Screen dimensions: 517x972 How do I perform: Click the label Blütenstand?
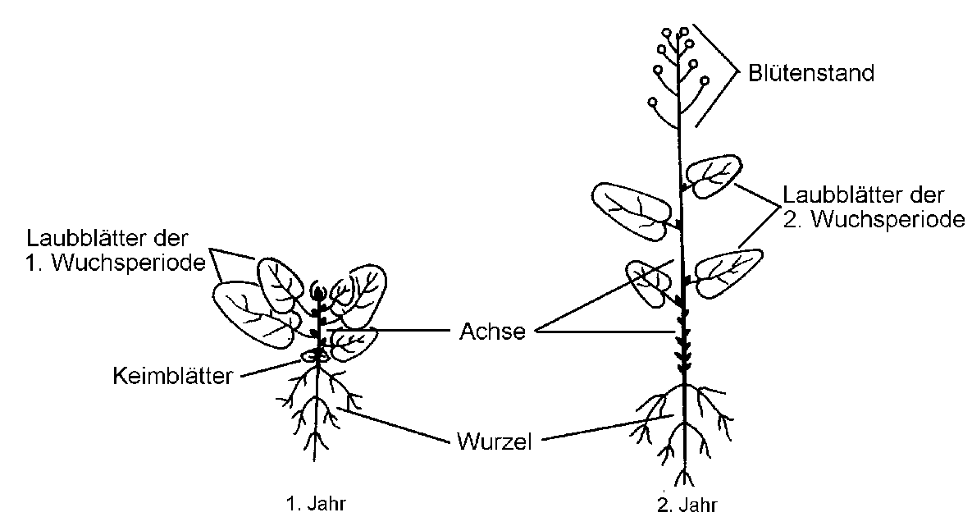click(810, 73)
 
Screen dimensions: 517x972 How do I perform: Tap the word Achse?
click(490, 332)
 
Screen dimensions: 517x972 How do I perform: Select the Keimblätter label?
click(172, 376)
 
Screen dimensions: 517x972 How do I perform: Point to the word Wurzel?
click(494, 442)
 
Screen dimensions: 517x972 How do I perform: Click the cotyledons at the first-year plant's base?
click(316, 355)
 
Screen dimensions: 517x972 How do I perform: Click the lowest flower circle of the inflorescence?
click(652, 103)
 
